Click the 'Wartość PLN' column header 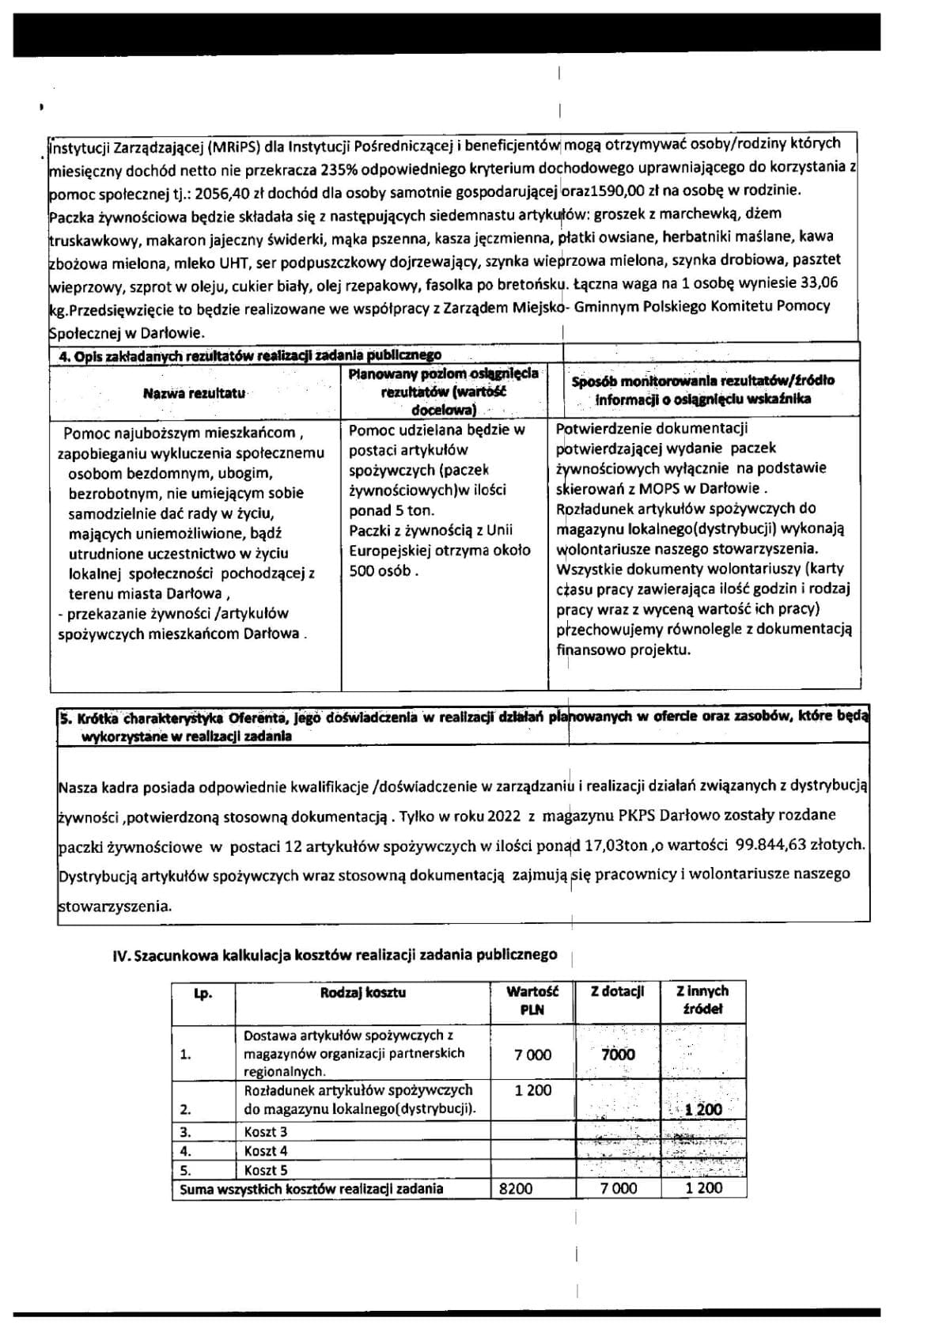[x=532, y=1000]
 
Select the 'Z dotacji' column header [x=617, y=991]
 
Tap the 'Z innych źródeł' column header [x=702, y=1000]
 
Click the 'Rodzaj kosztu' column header [x=363, y=992]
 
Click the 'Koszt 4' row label [x=266, y=1151]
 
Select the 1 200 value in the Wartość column [x=532, y=1090]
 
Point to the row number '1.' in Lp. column [x=186, y=1054]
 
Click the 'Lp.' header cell [x=203, y=994]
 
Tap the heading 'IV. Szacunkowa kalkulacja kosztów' [x=335, y=955]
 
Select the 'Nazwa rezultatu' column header [x=195, y=392]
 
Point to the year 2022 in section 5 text [x=504, y=815]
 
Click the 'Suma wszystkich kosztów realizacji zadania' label [x=311, y=1188]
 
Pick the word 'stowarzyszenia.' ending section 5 [x=115, y=906]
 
